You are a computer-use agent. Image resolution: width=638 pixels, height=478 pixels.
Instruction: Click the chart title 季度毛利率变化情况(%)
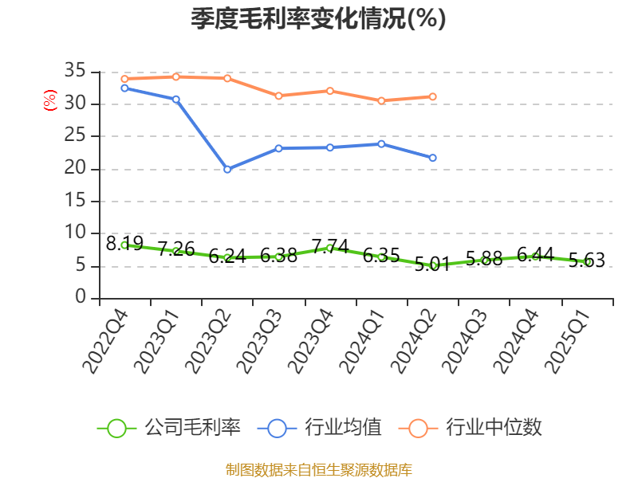point(318,19)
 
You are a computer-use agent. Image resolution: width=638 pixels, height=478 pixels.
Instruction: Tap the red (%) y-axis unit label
point(49,100)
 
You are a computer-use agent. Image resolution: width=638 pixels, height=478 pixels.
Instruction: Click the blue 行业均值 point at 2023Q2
point(227,169)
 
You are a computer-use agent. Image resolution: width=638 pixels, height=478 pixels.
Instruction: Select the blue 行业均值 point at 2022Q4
point(124,88)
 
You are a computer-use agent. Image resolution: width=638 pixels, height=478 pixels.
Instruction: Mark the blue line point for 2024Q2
point(433,158)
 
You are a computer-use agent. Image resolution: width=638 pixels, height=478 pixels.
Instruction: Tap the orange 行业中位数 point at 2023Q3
point(278,96)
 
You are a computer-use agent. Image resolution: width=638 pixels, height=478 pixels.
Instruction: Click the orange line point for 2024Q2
point(433,96)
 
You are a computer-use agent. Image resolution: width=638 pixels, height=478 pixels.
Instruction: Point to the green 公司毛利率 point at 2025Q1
point(588,261)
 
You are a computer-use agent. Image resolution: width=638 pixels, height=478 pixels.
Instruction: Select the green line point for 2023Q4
point(330,248)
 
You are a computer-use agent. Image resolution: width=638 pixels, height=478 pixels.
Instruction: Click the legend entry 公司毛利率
point(169,428)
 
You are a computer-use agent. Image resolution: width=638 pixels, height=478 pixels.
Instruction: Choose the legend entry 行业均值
point(320,428)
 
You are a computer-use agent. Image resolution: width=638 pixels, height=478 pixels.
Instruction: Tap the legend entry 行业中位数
point(476,428)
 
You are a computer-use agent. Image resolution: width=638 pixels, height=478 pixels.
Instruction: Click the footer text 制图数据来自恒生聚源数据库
point(318,469)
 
